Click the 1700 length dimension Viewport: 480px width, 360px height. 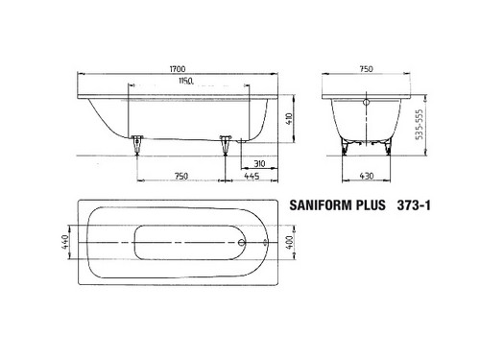pyautogui.click(x=178, y=69)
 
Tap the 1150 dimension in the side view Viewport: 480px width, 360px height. pyautogui.click(x=186, y=81)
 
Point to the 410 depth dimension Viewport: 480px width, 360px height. pyautogui.click(x=289, y=119)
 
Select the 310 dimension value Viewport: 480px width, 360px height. pyautogui.click(x=259, y=163)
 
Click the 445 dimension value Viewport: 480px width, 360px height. pyautogui.click(x=252, y=176)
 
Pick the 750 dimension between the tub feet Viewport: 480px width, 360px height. pyautogui.click(x=181, y=176)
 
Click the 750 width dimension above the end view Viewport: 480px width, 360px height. pyautogui.click(x=366, y=69)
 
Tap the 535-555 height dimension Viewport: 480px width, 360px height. pyautogui.click(x=419, y=125)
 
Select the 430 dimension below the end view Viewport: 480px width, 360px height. pyautogui.click(x=367, y=176)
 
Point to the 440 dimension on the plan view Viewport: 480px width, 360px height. pyautogui.click(x=65, y=242)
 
